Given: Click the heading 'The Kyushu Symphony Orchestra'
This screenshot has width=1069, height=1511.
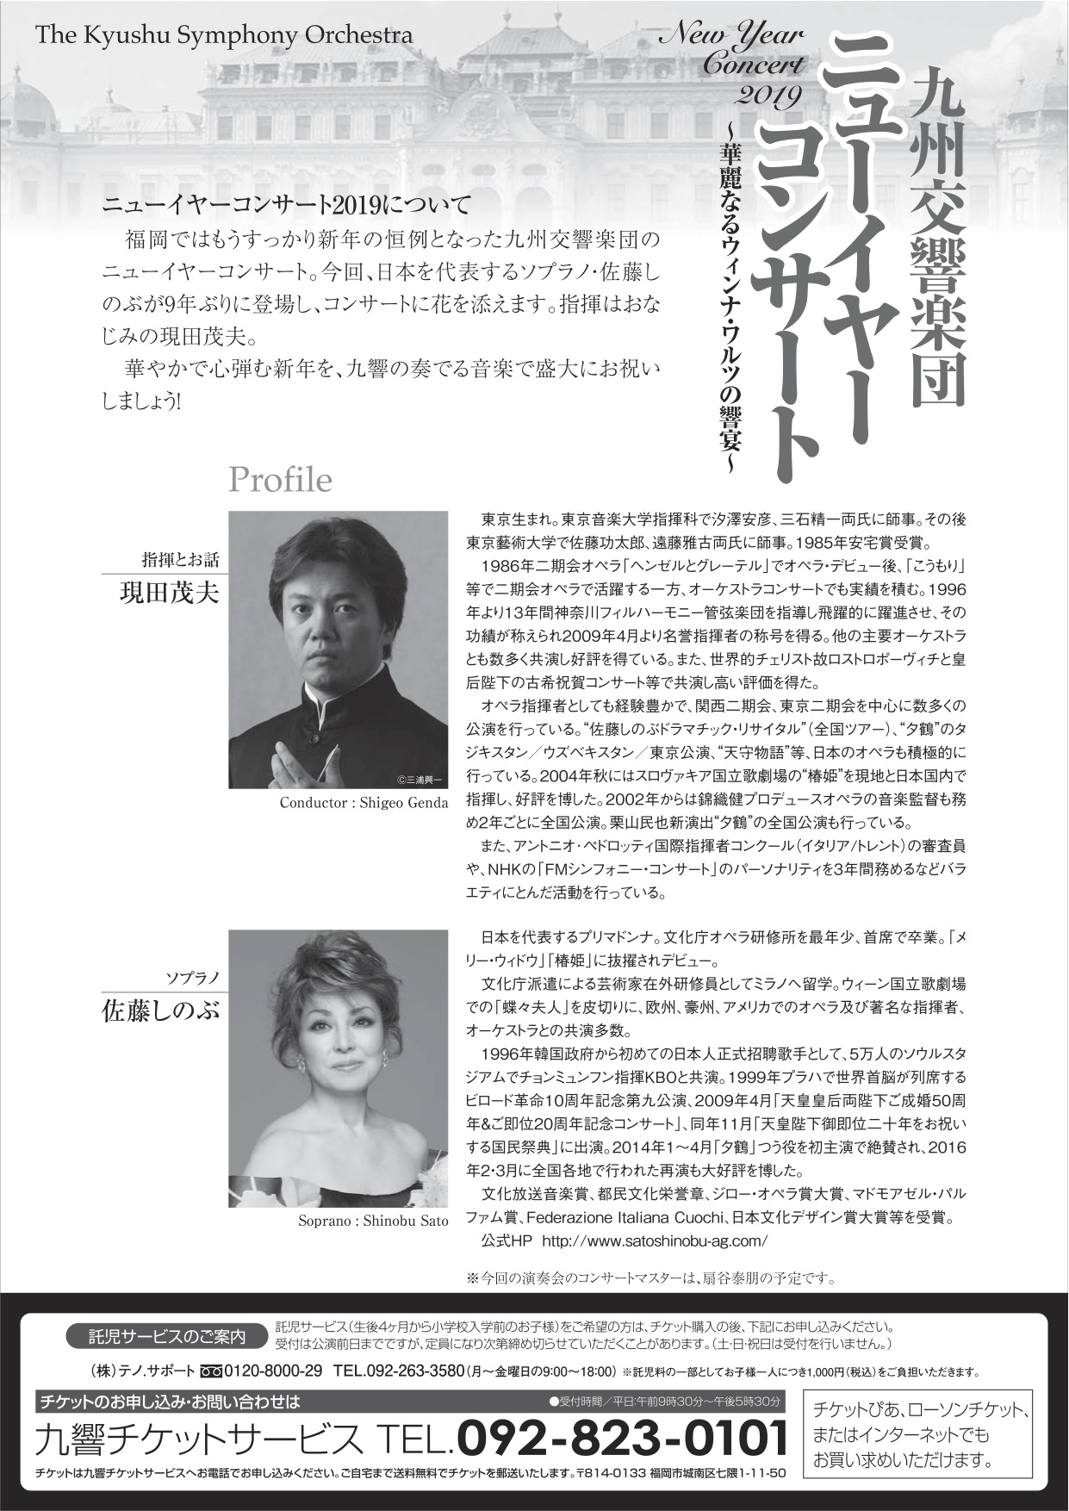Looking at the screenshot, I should coord(224,36).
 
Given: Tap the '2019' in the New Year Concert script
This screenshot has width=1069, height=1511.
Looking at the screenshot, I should coord(768,92).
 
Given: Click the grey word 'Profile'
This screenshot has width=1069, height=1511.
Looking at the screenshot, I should coord(280,480).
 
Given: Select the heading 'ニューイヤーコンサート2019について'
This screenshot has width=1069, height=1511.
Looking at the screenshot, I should coord(287,206).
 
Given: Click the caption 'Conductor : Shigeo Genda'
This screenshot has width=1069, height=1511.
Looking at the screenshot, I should coord(364,803).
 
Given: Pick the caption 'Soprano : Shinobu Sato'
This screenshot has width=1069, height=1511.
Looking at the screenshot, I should coord(373,1221).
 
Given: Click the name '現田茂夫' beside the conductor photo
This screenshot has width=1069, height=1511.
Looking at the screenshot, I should coord(169,594).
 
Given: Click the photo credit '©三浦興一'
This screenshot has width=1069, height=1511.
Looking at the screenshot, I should coord(419,779).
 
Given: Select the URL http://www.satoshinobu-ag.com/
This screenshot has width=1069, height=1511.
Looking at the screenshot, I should coord(655,1241).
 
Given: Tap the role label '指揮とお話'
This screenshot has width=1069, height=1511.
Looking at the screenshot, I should coord(181,561).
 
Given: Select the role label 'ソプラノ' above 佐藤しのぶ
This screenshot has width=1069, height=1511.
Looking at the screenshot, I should coord(194,979).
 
